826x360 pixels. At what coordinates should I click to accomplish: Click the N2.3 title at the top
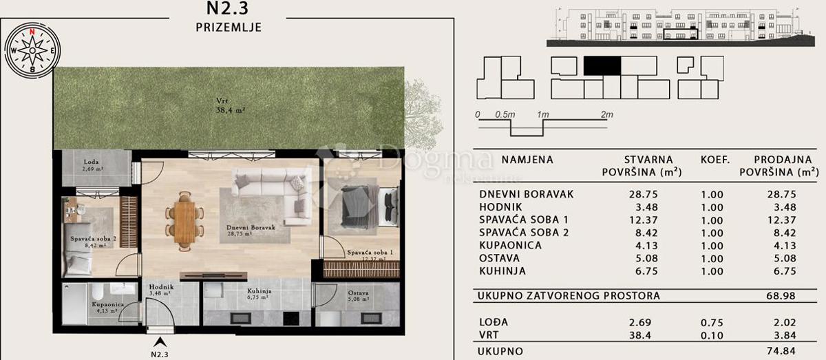[227, 9]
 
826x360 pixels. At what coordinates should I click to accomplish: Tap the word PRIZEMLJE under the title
[227, 27]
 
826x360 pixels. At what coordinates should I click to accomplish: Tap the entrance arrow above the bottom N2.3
[160, 341]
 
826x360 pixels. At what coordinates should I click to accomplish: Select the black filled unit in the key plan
[602, 65]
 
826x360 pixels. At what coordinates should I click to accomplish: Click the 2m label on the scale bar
[606, 115]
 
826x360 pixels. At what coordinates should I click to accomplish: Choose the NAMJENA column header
[527, 160]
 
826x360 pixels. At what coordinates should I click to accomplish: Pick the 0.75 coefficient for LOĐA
[712, 322]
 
